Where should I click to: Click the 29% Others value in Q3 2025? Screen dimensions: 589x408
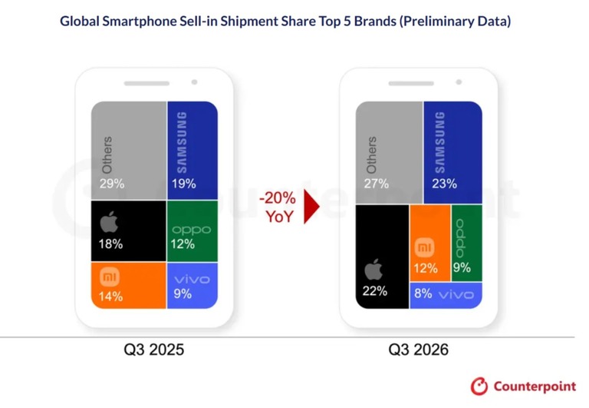pos(111,184)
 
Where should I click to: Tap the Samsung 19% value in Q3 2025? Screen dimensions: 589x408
pos(184,184)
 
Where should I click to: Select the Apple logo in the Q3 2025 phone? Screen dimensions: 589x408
pos(109,222)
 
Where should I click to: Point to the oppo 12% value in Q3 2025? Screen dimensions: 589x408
pos(183,244)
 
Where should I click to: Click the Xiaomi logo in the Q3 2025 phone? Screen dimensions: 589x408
pos(110,278)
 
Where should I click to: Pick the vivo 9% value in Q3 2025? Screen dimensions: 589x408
pos(183,294)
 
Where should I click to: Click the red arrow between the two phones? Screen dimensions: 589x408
pos(311,206)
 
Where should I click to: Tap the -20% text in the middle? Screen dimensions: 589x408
pos(277,197)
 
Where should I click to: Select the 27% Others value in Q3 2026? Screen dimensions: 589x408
pos(376,184)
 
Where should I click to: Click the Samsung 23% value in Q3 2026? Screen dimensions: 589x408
pos(444,184)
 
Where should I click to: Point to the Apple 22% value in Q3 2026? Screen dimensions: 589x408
pos(375,291)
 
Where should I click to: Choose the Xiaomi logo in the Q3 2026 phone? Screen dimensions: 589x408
pos(425,247)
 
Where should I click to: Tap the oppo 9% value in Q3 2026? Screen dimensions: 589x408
pos(462,267)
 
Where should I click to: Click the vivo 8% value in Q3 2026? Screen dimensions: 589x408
pos(423,294)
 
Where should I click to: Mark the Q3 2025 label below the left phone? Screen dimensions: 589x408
pos(154,350)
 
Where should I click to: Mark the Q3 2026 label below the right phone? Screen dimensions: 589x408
pos(419,350)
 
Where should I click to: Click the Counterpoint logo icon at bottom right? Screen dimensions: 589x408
pos(479,386)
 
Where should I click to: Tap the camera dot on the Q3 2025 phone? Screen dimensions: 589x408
pos(194,82)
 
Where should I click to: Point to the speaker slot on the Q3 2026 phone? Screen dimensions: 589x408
pos(411,83)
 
